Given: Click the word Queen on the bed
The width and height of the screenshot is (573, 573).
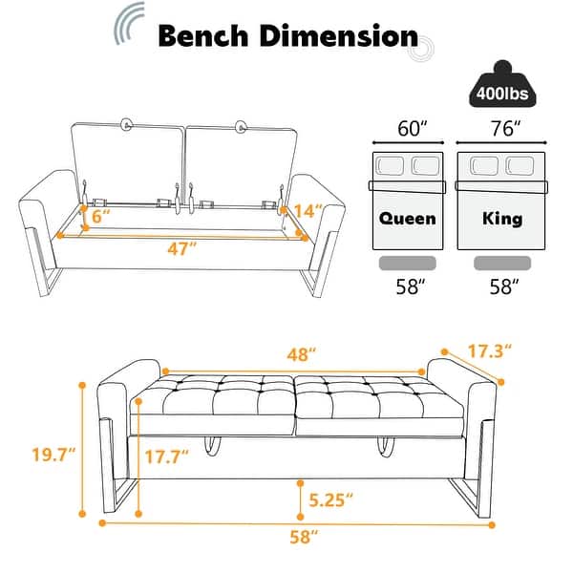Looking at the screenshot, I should click(408, 218).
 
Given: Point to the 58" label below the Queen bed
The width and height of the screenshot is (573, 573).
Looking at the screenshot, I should click(408, 287).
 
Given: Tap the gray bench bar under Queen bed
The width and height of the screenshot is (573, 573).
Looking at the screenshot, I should click(408, 262).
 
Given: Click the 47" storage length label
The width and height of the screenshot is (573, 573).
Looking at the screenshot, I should click(179, 248).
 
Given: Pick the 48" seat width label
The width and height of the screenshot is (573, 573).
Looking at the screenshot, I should click(302, 354).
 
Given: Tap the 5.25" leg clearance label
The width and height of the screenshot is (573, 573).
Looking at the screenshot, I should click(331, 498).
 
